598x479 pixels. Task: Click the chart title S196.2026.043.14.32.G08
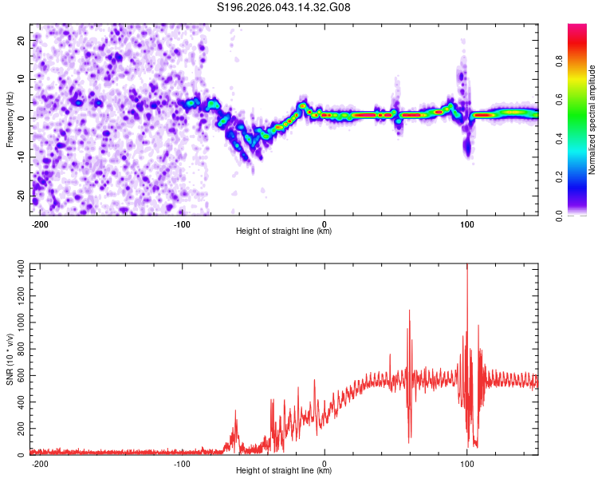pyautogui.click(x=284, y=8)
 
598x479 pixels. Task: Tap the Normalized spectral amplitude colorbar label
pyautogui.click(x=592, y=120)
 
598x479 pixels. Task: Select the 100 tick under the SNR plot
pyautogui.click(x=466, y=463)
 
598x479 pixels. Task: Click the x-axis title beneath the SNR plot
pyautogui.click(x=284, y=471)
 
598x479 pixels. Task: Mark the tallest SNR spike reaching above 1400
pyautogui.click(x=467, y=268)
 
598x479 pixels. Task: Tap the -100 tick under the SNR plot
pyautogui.click(x=182, y=463)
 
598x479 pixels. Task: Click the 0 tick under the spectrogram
pyautogui.click(x=325, y=223)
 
